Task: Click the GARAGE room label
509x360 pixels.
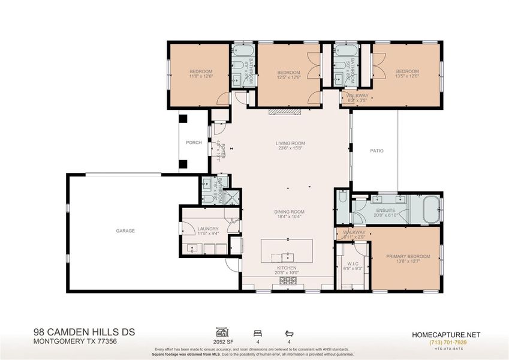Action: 125,231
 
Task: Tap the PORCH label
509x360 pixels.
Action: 193,143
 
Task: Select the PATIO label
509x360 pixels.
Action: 376,151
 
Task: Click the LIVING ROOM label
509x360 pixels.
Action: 290,143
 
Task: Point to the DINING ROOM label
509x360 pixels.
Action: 290,211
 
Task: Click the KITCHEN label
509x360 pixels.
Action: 287,268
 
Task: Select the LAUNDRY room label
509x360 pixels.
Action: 208,229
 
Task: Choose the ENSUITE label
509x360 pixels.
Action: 385,211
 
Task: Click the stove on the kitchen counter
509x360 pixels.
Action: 288,280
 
